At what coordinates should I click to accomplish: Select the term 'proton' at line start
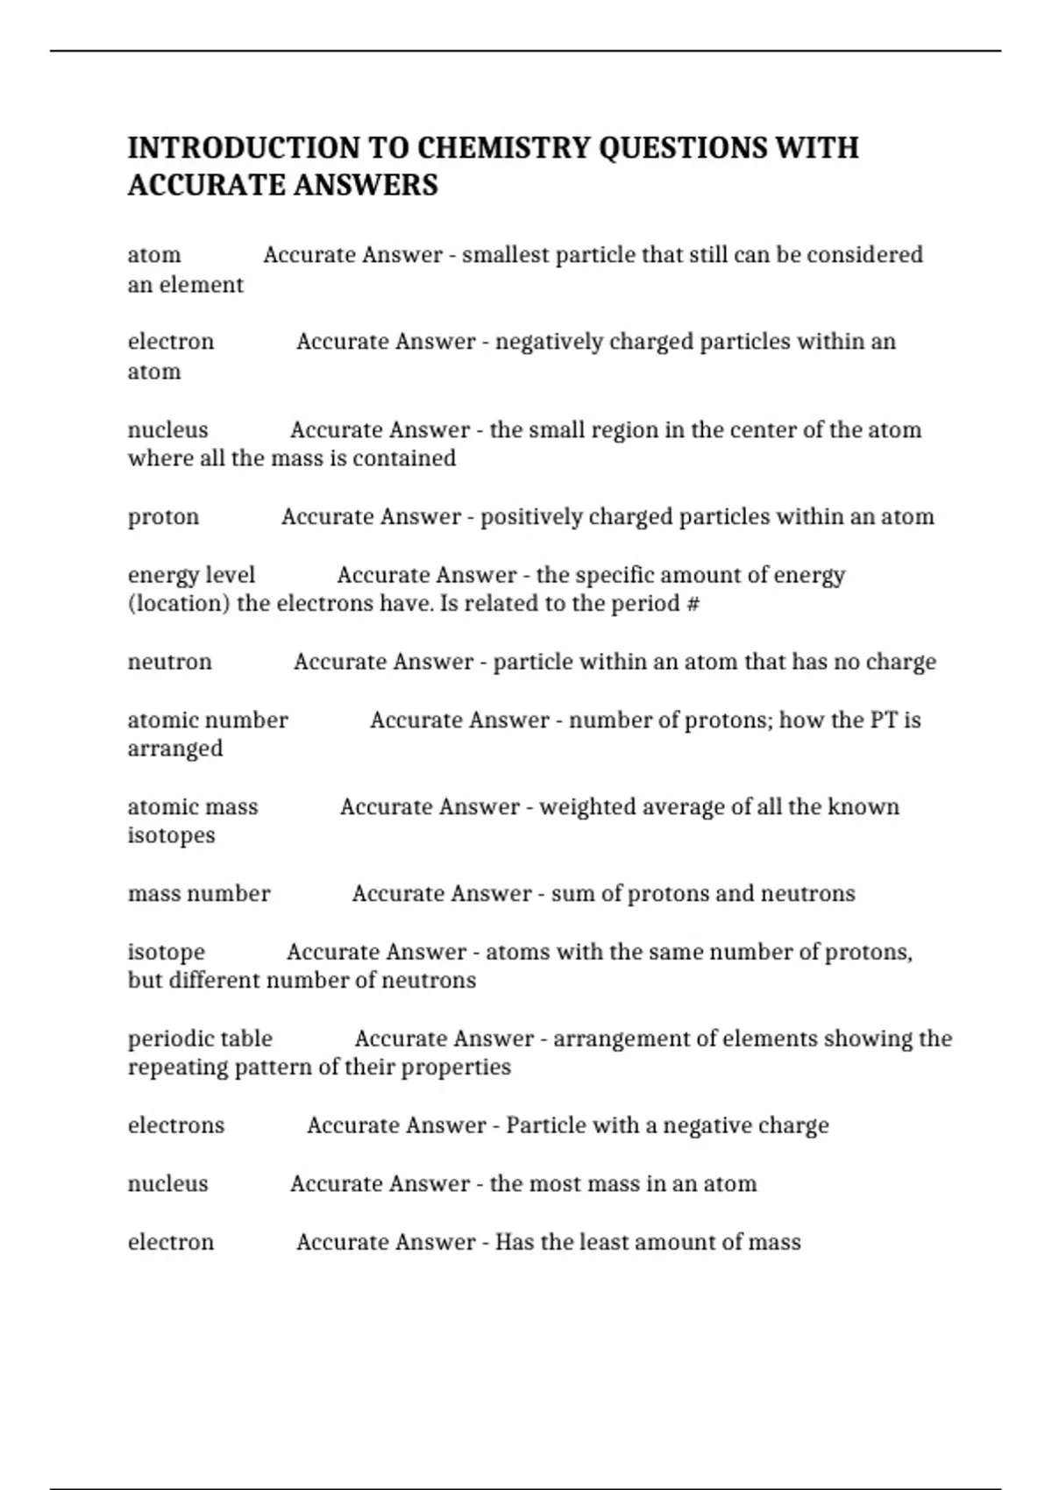pos(163,517)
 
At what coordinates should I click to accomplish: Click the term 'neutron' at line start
pos(169,662)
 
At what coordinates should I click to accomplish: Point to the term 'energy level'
pos(191,575)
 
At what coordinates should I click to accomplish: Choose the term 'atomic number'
pos(208,720)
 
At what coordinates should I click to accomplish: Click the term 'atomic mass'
pos(193,807)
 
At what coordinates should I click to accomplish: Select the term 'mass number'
pos(199,894)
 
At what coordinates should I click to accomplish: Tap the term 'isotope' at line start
pos(166,952)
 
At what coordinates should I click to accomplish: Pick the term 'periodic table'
pos(200,1039)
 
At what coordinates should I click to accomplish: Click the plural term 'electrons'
pos(176,1125)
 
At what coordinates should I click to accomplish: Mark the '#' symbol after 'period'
pos(693,604)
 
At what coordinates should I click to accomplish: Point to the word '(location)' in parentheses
pos(179,604)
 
